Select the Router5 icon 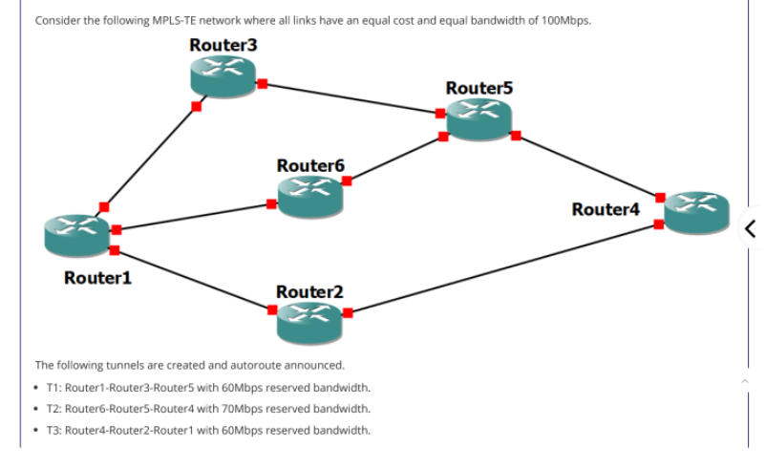(x=479, y=118)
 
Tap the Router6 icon (x=309, y=194)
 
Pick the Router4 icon (x=696, y=212)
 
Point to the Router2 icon (x=309, y=322)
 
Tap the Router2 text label (x=309, y=291)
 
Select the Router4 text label (x=605, y=208)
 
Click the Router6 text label (x=309, y=165)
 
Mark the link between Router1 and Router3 (x=150, y=156)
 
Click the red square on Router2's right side (x=348, y=312)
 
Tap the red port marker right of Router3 (x=261, y=83)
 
